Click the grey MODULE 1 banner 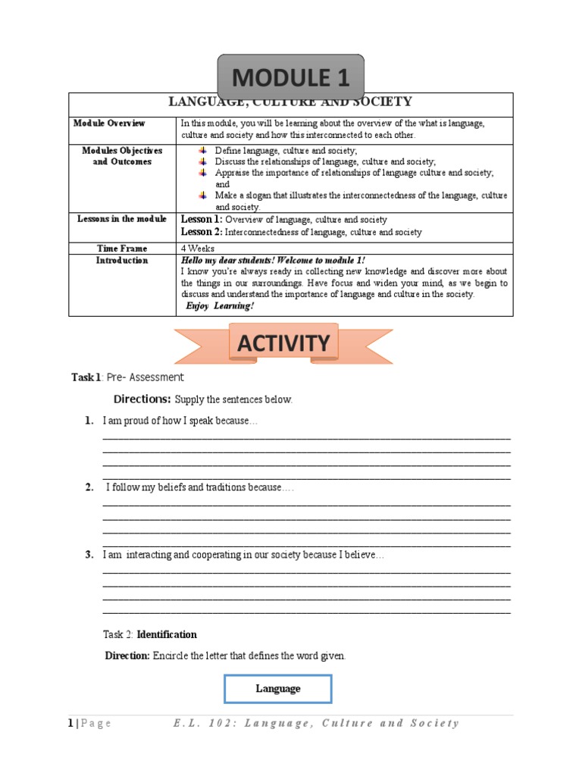291,77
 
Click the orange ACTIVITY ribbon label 283,343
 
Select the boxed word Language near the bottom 277,688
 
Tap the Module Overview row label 109,123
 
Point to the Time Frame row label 122,248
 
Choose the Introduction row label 122,260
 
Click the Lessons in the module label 122,219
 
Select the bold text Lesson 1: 202,219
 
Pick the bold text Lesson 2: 202,232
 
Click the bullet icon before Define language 202,151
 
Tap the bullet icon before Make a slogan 202,195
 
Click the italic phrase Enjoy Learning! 220,305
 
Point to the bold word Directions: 142,399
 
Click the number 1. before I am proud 89,421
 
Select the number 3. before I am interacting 89,555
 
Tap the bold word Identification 167,634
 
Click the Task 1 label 85,377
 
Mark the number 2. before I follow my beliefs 89,487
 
